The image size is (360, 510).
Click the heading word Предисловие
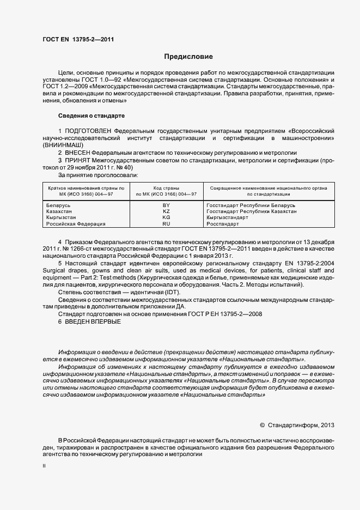pyautogui.click(x=188, y=57)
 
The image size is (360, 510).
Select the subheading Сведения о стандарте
pyautogui.click(x=91, y=116)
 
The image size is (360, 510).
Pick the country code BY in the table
pyautogui.click(x=167, y=205)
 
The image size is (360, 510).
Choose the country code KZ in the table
pyautogui.click(x=167, y=211)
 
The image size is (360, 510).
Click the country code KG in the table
pyautogui.click(x=167, y=217)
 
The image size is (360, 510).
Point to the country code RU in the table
pyautogui.click(x=167, y=224)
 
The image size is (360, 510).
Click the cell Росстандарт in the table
pyautogui.click(x=223, y=224)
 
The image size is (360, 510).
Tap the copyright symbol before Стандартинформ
pyautogui.click(x=262, y=424)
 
